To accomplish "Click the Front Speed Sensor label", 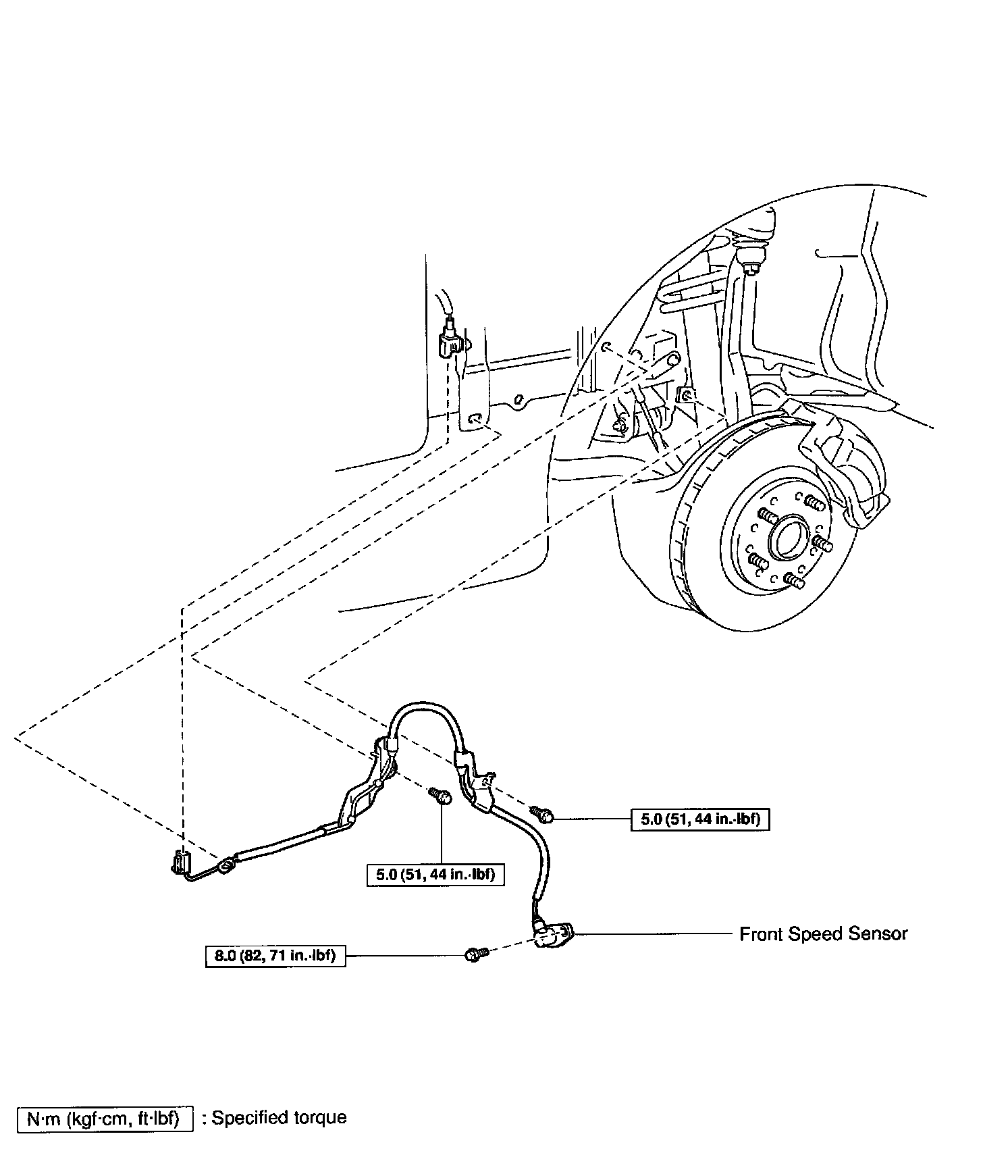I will pos(823,934).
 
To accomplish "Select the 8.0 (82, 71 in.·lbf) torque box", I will pos(275,956).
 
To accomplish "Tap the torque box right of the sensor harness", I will pos(700,819).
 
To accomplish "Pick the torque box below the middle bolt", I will pos(435,875).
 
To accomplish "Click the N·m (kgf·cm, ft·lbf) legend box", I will pos(103,1119).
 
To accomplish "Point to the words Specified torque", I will pos(279,1118).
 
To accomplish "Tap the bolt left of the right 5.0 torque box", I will pos(543,815).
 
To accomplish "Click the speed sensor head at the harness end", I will pos(554,936).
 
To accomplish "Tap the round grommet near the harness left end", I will pos(226,864).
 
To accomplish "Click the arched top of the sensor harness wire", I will pos(424,707).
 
